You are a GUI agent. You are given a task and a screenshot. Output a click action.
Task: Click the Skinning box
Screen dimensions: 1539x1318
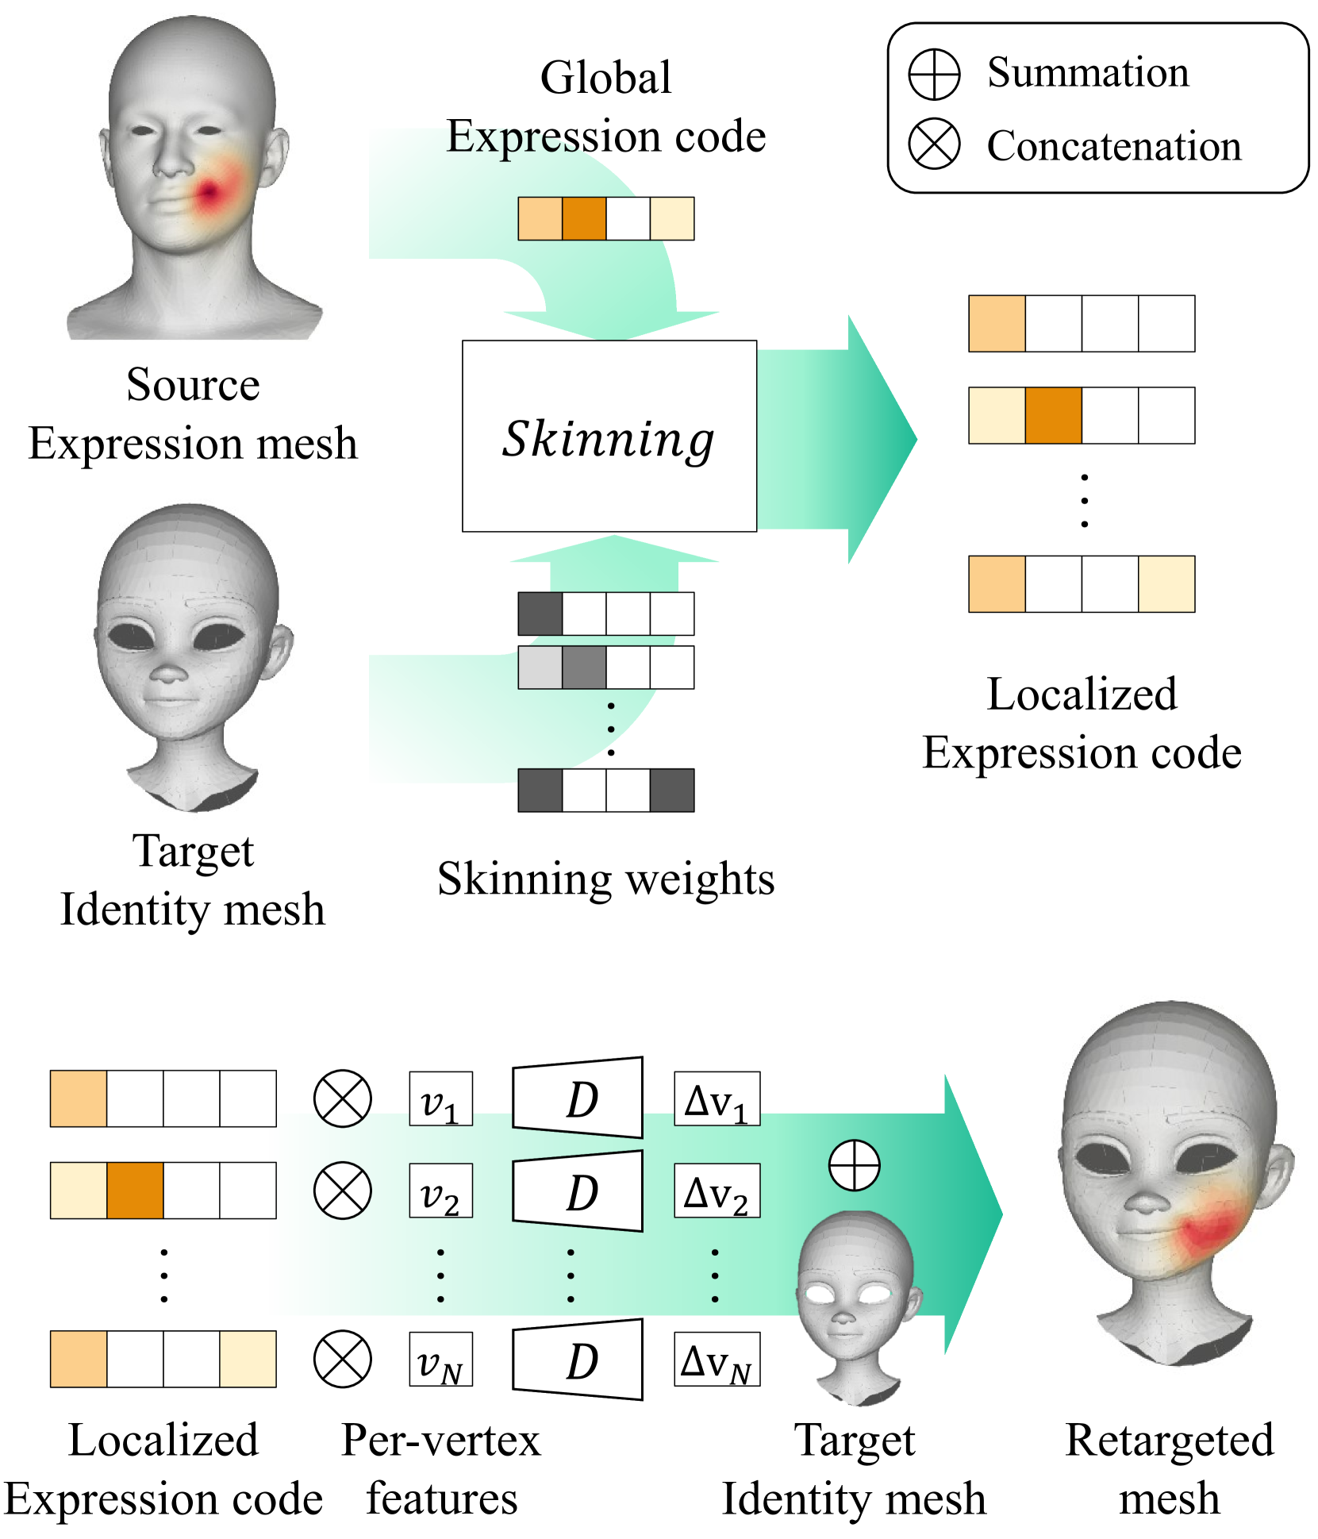(609, 436)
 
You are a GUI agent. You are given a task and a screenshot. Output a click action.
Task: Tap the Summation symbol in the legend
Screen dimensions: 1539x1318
(934, 75)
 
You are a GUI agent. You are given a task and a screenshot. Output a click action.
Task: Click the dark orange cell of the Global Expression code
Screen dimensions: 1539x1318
(584, 218)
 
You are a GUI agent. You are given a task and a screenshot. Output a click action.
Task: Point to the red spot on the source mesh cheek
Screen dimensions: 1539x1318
(210, 192)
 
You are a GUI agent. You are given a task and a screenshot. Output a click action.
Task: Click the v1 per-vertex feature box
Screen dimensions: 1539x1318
(440, 1098)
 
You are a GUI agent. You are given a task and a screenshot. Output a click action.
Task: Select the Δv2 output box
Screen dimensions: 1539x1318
(717, 1191)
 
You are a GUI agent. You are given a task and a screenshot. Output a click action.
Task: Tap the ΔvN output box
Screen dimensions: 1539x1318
(717, 1359)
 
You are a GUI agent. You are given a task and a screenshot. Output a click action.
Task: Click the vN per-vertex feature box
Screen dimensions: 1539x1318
(440, 1359)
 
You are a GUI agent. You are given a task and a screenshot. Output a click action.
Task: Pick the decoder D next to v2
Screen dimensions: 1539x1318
(578, 1191)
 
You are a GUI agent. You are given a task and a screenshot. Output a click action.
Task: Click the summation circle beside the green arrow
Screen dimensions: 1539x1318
(854, 1165)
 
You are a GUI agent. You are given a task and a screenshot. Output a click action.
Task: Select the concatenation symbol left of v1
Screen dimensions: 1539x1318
(342, 1098)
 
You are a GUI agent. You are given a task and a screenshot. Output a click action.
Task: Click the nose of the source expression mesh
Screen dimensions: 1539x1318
(173, 163)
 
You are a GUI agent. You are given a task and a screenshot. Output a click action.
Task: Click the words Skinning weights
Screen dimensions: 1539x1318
(605, 879)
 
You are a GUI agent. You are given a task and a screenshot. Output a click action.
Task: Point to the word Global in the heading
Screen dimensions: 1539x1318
(605, 78)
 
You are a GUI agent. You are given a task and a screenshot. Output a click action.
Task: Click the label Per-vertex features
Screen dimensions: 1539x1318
(441, 1468)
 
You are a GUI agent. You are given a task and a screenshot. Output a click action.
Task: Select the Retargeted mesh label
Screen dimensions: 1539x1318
(1169, 1468)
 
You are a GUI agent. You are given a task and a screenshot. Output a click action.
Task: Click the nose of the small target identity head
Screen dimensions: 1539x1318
(843, 1318)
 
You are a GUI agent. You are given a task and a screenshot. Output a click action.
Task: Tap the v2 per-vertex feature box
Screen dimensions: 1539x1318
(440, 1191)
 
